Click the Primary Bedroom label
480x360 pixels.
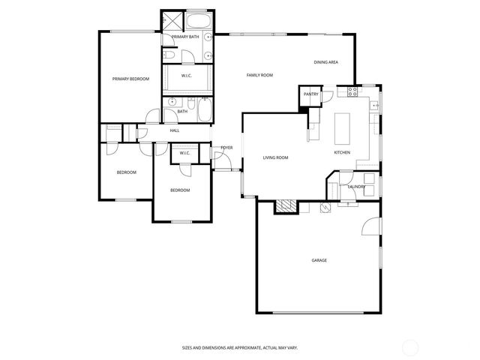130,79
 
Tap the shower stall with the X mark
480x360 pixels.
172,20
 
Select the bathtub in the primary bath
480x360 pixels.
199,21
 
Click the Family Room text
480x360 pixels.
259,75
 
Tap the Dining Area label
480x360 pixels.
326,62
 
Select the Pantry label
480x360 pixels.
310,94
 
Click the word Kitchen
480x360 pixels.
342,153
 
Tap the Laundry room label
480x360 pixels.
356,187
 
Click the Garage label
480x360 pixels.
319,260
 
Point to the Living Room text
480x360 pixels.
275,157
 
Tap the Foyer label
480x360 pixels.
226,148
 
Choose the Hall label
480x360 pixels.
174,131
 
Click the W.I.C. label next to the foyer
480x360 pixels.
184,154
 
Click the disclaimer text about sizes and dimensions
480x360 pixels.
239,347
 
